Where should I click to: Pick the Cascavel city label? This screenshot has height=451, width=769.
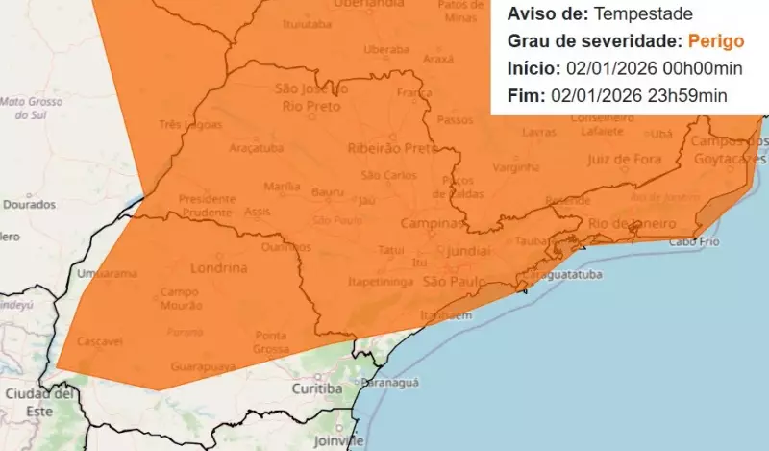coord(99,341)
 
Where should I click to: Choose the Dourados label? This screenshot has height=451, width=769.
coord(29,204)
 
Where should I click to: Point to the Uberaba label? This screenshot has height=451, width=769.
coord(386,48)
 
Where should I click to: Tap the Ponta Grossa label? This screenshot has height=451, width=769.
coord(272,341)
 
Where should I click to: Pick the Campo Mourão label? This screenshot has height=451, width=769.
coord(180,298)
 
